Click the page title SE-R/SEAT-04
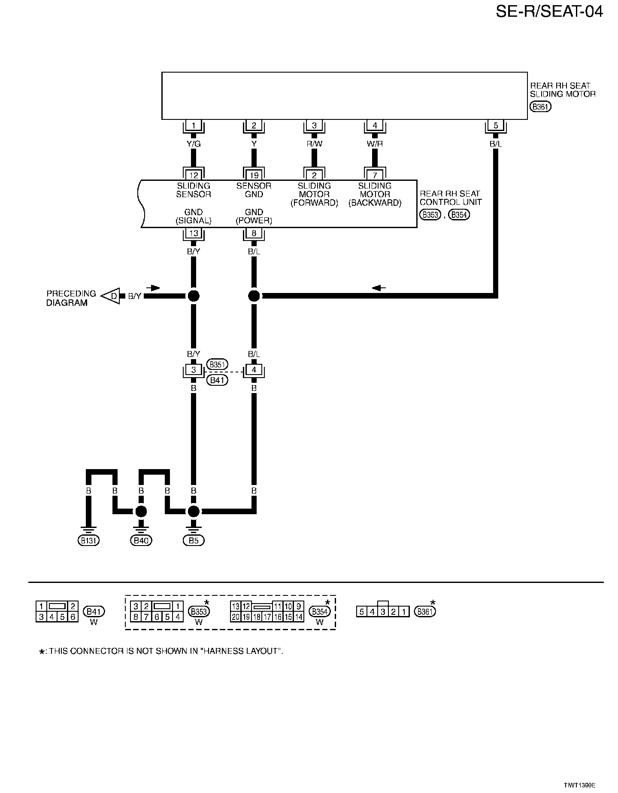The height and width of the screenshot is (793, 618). [549, 12]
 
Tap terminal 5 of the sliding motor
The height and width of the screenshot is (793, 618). [496, 126]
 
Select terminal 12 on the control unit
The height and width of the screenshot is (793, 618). [194, 175]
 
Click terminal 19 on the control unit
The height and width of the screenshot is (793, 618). [254, 175]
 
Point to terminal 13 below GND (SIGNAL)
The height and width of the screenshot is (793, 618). [194, 233]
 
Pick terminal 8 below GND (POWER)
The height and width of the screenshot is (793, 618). [254, 233]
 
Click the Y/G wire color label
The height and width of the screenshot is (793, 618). [194, 144]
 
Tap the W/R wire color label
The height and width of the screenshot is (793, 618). [375, 144]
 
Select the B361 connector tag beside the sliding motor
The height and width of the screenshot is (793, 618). [540, 107]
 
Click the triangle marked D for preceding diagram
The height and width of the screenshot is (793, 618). [112, 296]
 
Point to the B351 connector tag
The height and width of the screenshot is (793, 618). [217, 365]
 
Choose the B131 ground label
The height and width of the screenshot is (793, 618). [88, 540]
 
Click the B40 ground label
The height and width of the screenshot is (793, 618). [141, 540]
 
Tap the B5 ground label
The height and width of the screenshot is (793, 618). [194, 540]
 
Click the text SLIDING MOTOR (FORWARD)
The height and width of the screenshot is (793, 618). [314, 194]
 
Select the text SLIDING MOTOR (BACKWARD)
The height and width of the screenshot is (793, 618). [375, 194]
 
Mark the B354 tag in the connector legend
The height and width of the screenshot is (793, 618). [320, 612]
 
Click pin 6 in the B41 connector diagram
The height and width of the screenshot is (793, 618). [73, 617]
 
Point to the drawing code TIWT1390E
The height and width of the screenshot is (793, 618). [579, 785]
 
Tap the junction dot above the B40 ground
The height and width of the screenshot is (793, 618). [141, 511]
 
